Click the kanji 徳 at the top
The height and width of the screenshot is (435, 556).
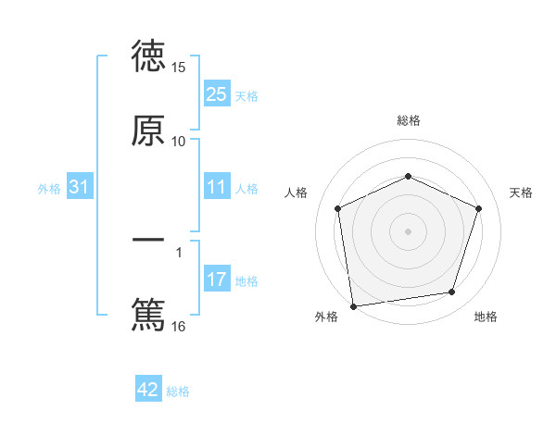tap(148, 57)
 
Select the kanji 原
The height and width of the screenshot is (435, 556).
tap(148, 131)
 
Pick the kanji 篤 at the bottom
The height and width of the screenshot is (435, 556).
tap(148, 315)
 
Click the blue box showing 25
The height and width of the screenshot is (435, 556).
tap(216, 94)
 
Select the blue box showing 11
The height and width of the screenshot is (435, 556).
tap(216, 188)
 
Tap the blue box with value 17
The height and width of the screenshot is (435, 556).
tap(216, 280)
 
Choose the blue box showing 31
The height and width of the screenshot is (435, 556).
tap(79, 188)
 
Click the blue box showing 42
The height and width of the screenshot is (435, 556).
tap(148, 390)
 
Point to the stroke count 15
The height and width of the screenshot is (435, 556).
tap(179, 68)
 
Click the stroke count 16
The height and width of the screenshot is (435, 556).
tap(179, 326)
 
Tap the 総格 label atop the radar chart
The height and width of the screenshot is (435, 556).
tap(409, 120)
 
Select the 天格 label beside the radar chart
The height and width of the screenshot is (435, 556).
tap(522, 193)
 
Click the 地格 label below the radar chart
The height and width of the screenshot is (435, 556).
tap(486, 317)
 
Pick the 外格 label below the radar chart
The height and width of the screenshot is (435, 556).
tap(326, 317)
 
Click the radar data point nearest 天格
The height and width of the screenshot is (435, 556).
tap(478, 208)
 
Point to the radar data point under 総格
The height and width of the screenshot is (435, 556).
tap(408, 176)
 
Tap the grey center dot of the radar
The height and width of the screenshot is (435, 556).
tap(408, 230)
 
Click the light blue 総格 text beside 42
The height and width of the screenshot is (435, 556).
tap(178, 391)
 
